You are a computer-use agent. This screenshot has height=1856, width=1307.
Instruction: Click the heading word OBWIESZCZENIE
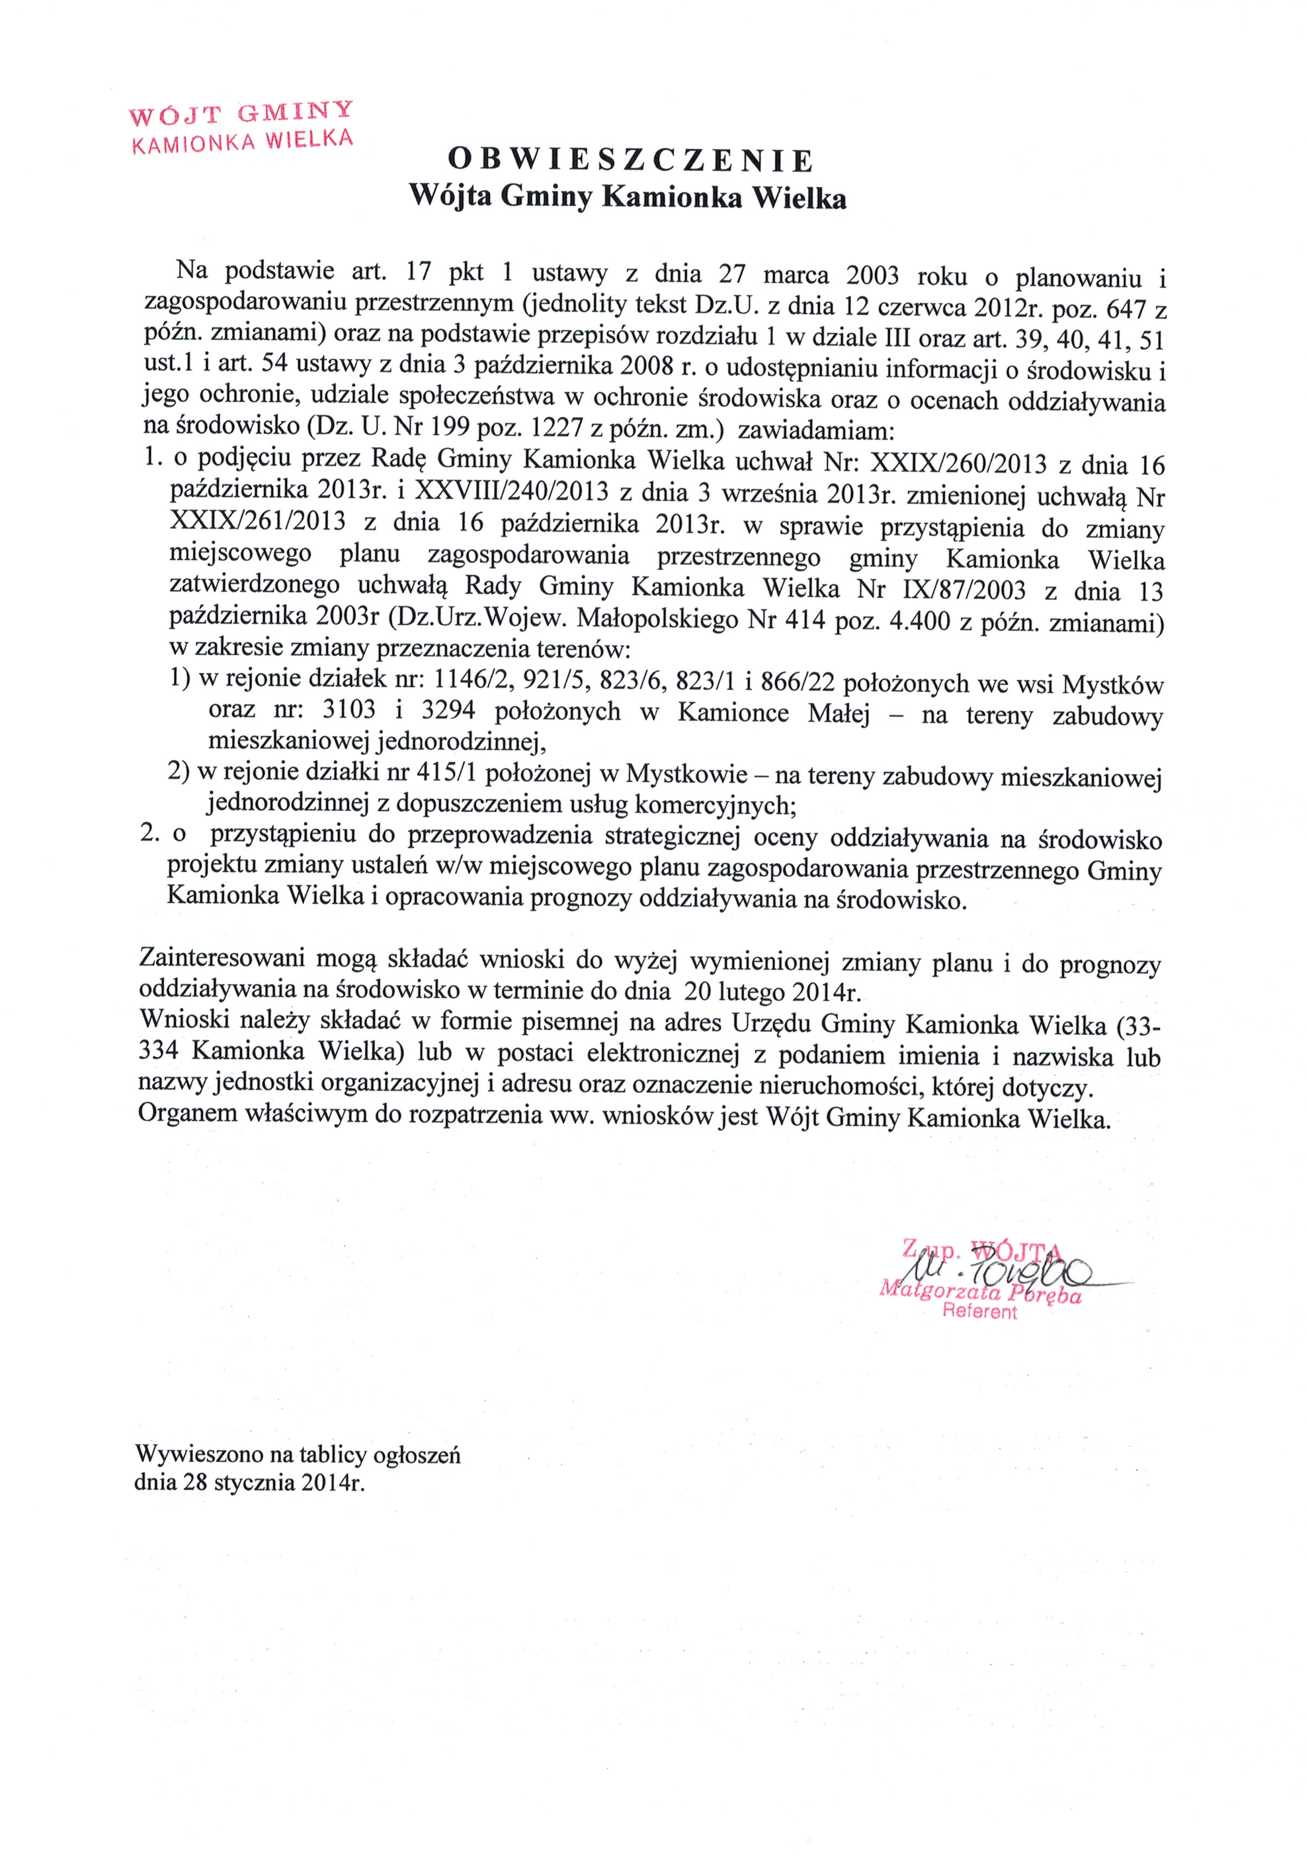[x=630, y=161]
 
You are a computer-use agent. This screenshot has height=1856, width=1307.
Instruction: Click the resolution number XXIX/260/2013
[x=957, y=464]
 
